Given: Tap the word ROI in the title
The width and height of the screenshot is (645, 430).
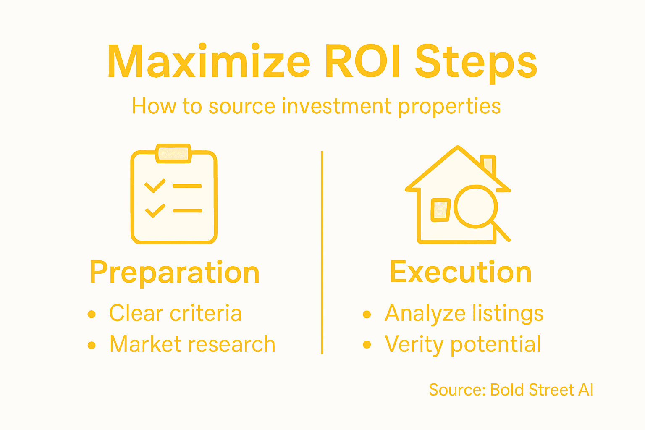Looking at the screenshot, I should pyautogui.click(x=363, y=62).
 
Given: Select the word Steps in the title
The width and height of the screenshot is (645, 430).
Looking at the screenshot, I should pyautogui.click(x=476, y=63).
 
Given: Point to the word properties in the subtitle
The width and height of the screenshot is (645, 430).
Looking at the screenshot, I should pyautogui.click(x=449, y=107).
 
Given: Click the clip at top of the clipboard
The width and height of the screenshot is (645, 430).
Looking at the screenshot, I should pyautogui.click(x=174, y=154).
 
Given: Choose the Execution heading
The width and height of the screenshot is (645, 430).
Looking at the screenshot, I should pyautogui.click(x=461, y=273).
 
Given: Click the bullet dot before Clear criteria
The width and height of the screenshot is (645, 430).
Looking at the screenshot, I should pyautogui.click(x=92, y=314).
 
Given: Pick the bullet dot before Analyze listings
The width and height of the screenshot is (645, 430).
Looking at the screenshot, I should pyautogui.click(x=367, y=314).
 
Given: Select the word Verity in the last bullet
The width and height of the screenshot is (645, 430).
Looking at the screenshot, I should pyautogui.click(x=414, y=345).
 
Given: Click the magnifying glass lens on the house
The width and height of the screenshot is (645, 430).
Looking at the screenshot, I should pyautogui.click(x=475, y=207).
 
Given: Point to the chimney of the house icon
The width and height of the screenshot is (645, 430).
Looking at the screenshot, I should pyautogui.click(x=489, y=165).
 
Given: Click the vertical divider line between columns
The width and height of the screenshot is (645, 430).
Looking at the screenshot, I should pyautogui.click(x=322, y=252).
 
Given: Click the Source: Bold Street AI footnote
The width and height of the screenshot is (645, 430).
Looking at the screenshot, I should pyautogui.click(x=511, y=390).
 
